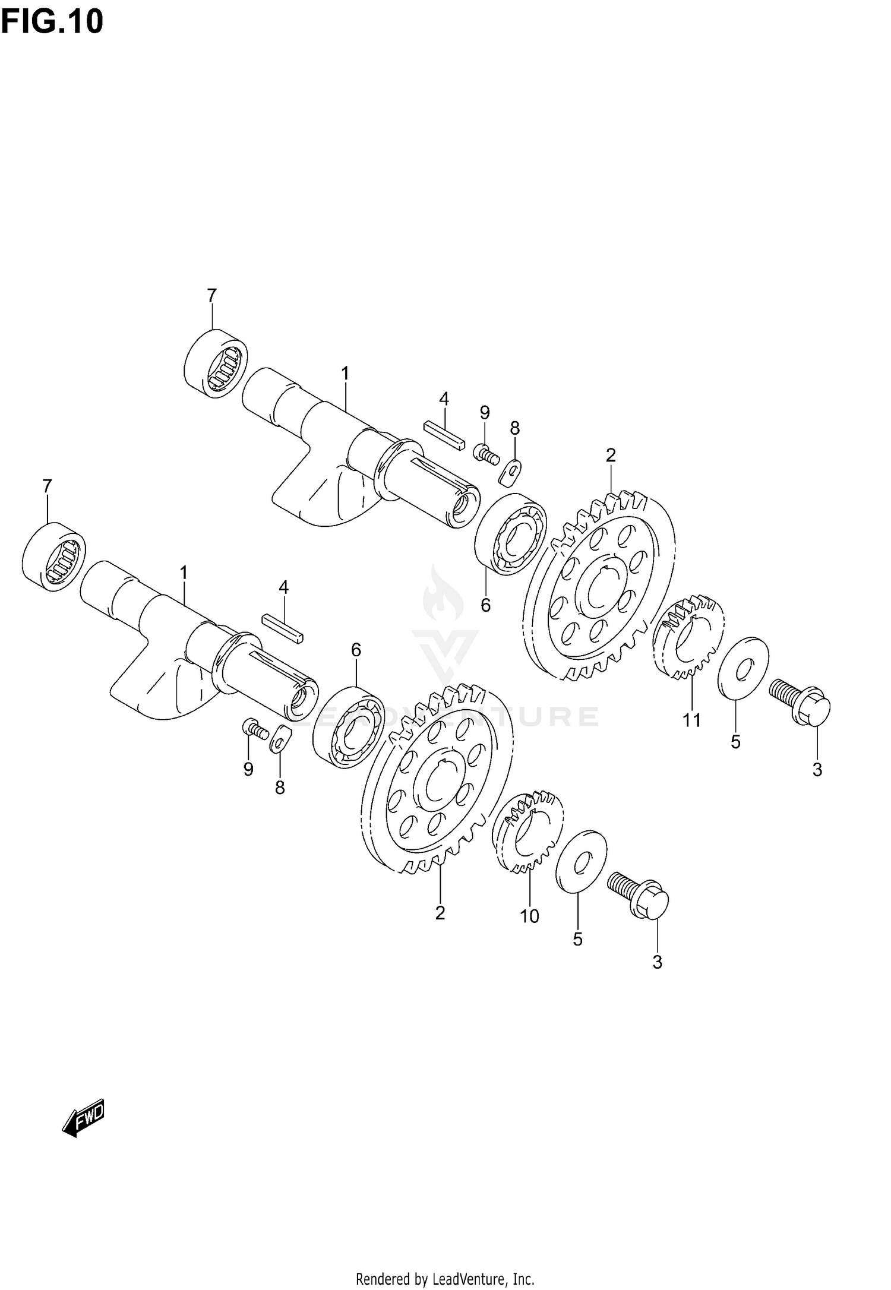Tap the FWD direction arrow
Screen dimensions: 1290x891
(84, 1119)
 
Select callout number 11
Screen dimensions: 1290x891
(691, 720)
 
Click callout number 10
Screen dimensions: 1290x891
(529, 916)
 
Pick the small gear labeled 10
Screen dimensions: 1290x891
(528, 831)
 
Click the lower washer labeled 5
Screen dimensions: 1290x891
(581, 861)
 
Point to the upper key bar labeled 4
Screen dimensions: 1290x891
(443, 437)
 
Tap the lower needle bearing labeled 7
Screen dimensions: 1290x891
(54, 557)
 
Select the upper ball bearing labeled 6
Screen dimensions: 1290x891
(511, 534)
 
